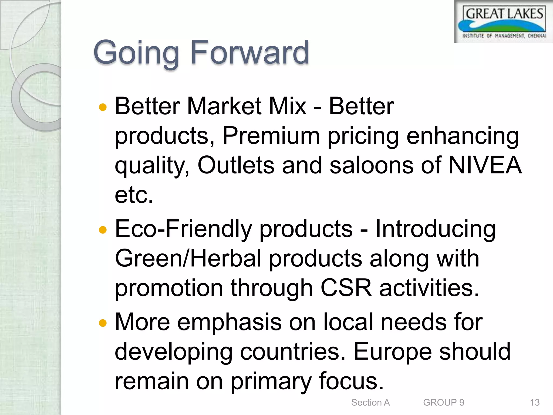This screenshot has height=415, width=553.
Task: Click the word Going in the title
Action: coord(136,53)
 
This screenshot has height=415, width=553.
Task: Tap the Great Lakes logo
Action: coord(504,22)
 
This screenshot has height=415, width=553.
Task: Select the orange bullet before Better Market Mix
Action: coord(103,108)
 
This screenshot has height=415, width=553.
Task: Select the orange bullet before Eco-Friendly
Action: coord(103,230)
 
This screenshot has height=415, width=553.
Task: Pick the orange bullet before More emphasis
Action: coord(103,323)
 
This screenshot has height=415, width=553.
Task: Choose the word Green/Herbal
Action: coord(188,259)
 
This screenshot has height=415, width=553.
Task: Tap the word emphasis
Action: coord(229,322)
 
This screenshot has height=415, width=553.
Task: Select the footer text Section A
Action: coord(370,402)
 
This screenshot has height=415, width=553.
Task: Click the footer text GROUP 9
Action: coord(443,402)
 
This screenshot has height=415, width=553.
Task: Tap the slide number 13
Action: coord(535,402)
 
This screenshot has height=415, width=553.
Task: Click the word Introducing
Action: coord(435,229)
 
